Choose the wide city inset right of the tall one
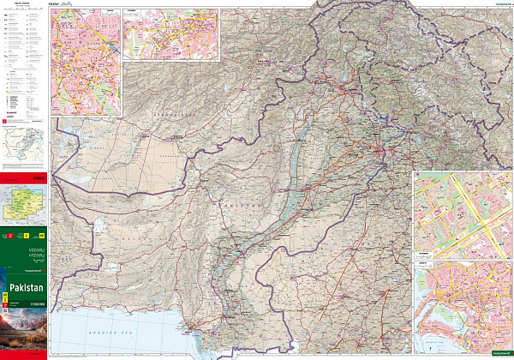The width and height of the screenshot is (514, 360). [x=170, y=34]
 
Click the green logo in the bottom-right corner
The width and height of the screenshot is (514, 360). [x=497, y=353]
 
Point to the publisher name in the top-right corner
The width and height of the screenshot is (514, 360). [x=495, y=4]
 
